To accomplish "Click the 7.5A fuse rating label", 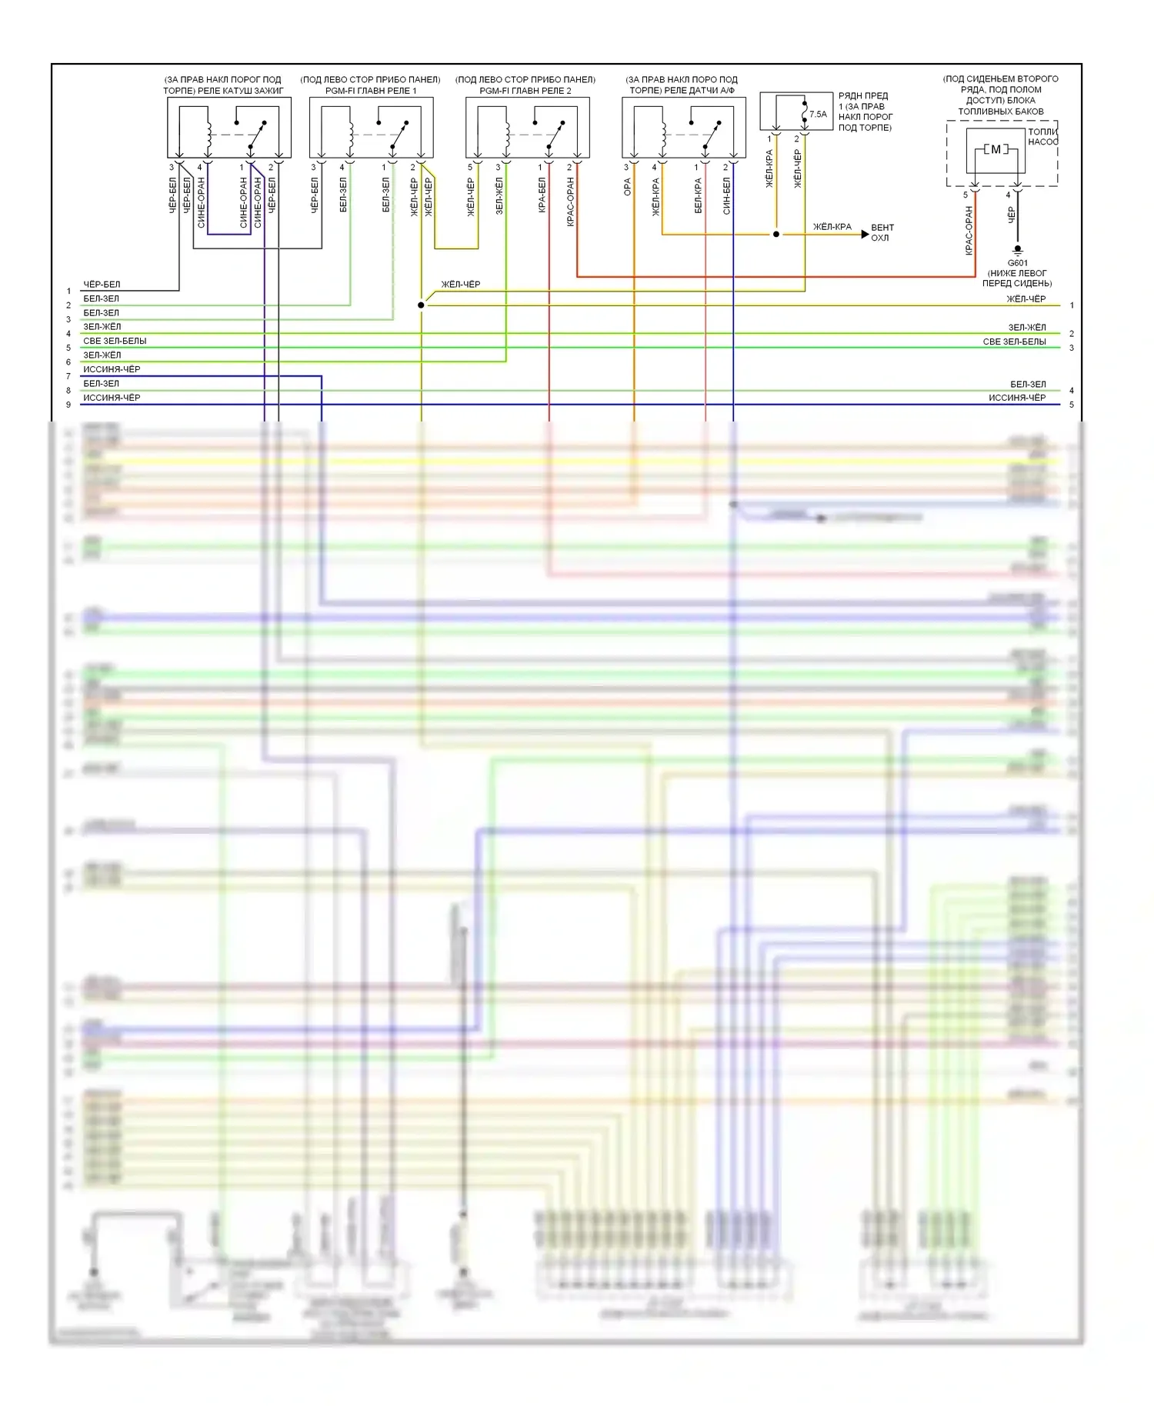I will [818, 115].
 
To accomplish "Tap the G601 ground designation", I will [1017, 263].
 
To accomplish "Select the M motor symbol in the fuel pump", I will [996, 149].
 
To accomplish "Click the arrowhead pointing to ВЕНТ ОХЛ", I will [865, 234].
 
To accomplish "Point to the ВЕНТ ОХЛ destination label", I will [882, 233].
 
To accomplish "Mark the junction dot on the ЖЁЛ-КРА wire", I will [776, 234].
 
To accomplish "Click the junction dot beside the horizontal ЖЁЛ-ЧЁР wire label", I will [421, 305].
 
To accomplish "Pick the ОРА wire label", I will [628, 188].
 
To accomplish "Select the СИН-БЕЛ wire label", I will [727, 195].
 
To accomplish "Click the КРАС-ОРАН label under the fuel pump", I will [969, 230].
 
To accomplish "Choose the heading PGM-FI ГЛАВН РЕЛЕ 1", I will [370, 91].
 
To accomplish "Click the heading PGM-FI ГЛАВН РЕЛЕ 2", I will [525, 91].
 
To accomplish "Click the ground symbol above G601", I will [1017, 250].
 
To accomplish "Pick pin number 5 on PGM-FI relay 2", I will [470, 168].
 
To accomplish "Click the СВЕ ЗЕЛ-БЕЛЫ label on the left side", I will [115, 341].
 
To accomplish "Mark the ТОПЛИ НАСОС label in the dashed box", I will [1042, 137].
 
